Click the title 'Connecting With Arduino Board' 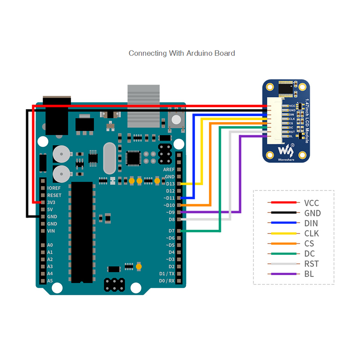[182, 53]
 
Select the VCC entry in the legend [311, 203]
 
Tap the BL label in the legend [309, 274]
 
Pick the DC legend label [309, 254]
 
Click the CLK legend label [311, 234]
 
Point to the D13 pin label [170, 184]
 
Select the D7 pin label [171, 231]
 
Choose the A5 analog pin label [50, 281]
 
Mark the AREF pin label [169, 170]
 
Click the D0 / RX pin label [166, 281]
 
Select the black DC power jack [56, 115]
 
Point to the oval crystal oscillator [109, 158]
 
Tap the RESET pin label [54, 195]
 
